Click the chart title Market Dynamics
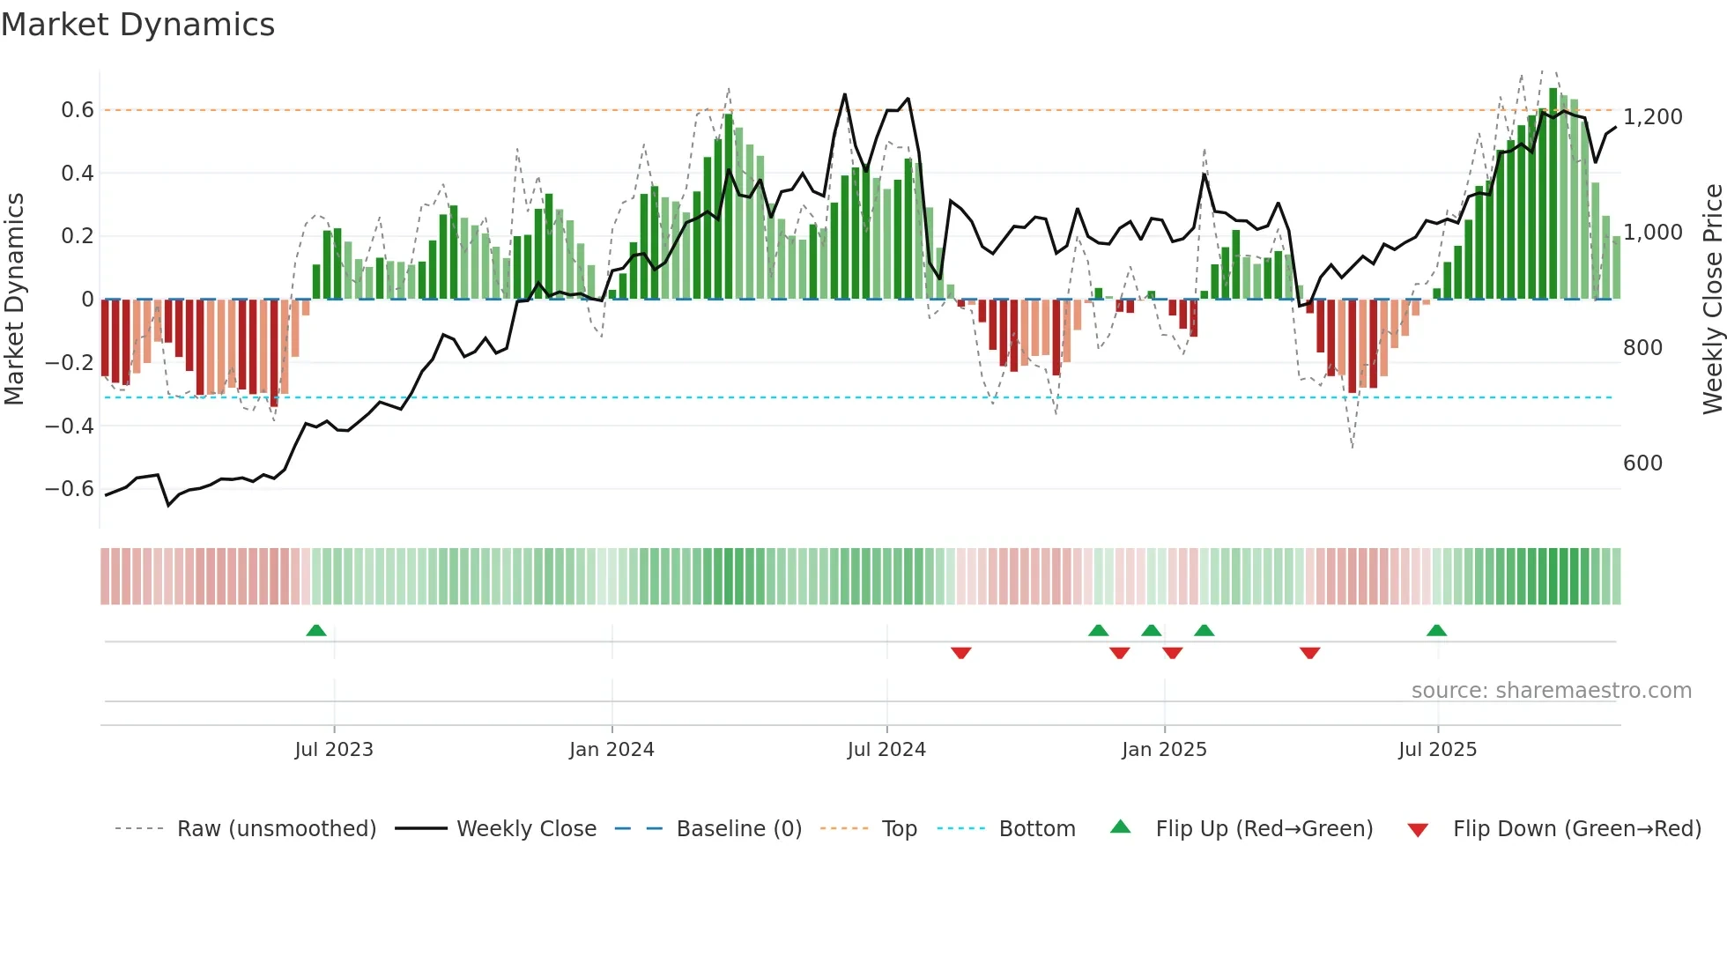point(137,25)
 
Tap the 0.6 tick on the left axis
point(77,110)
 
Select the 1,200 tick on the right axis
point(1652,117)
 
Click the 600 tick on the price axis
point(1642,463)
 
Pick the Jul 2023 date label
point(334,750)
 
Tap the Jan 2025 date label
point(1164,750)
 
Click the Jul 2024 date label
point(886,750)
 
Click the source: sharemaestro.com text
point(1551,691)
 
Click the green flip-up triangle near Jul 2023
point(316,631)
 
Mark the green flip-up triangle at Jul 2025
point(1436,631)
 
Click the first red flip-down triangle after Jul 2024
point(960,652)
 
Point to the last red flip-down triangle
point(1309,652)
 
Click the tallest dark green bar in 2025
point(1553,194)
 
